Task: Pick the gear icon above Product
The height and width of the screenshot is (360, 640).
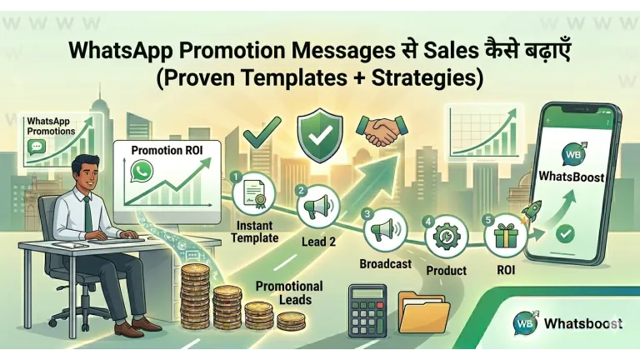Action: tap(444, 236)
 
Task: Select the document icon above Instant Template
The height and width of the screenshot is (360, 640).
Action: tap(255, 197)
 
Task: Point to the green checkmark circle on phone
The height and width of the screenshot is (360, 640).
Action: tap(567, 234)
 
